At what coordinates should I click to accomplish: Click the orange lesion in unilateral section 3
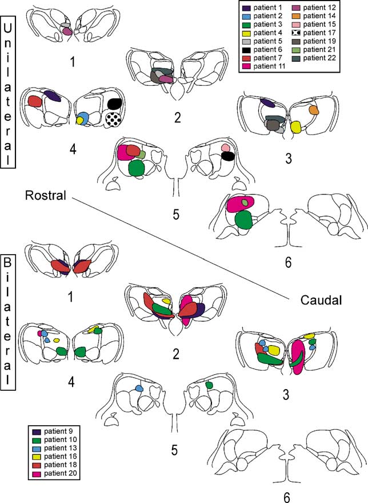click(x=313, y=109)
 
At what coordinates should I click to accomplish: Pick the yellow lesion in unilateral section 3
click(x=295, y=127)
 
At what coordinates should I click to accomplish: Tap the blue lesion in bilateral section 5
click(x=138, y=388)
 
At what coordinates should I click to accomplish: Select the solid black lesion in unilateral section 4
click(x=114, y=104)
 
